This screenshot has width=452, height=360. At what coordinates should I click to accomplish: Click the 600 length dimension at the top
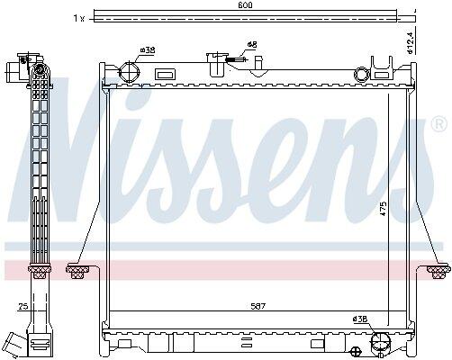245,4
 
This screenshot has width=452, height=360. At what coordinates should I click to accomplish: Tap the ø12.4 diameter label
411,41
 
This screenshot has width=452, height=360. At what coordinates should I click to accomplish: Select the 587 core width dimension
258,306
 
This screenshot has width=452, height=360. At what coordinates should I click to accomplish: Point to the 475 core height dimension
384,209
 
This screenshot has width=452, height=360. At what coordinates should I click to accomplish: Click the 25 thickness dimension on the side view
23,306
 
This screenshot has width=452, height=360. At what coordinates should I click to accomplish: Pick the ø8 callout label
252,45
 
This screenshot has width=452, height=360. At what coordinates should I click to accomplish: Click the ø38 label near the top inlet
148,49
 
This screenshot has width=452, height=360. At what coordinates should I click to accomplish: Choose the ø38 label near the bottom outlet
359,319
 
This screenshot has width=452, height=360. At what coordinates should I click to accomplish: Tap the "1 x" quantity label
79,19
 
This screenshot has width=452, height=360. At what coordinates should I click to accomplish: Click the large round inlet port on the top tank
129,72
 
